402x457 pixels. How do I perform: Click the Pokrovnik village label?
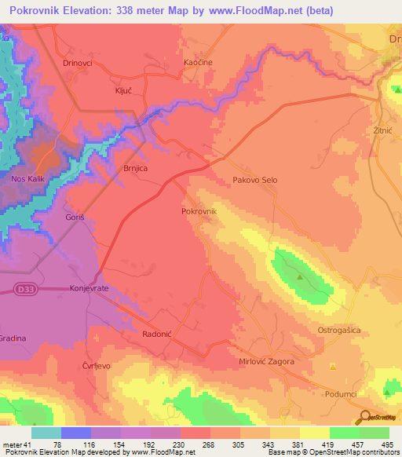tap(199, 211)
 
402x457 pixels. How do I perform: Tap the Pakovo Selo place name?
tap(255, 180)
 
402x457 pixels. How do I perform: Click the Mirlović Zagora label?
tap(266, 361)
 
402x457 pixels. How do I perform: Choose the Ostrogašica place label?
tap(338, 331)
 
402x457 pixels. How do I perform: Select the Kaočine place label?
tap(198, 62)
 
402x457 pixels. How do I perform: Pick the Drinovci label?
tap(78, 62)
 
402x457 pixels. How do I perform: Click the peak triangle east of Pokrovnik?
tap(300, 276)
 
